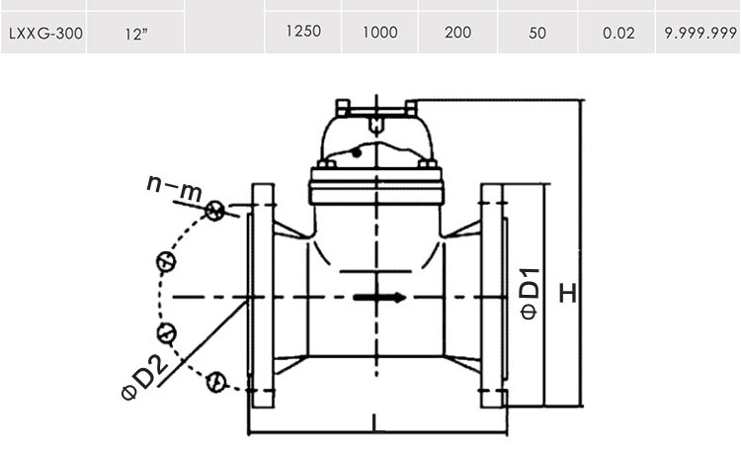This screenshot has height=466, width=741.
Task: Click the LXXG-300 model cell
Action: (x=45, y=34)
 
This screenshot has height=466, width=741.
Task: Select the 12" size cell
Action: (x=136, y=34)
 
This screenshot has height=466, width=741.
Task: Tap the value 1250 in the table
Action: (x=303, y=32)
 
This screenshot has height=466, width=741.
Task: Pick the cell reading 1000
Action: (x=380, y=33)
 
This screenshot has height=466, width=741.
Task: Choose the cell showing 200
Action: (x=457, y=33)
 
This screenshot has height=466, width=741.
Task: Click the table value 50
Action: (x=537, y=33)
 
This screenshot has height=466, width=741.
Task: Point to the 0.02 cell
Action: (x=618, y=33)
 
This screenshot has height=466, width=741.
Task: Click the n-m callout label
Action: (x=174, y=186)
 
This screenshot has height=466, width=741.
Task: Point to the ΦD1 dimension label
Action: (x=530, y=294)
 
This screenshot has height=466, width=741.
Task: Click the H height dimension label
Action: (x=568, y=293)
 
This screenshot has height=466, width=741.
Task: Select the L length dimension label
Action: (x=375, y=422)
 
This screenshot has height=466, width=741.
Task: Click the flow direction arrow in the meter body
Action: (x=380, y=297)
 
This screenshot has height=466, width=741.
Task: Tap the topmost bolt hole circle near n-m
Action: (x=214, y=211)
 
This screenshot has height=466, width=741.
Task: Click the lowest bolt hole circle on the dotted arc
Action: (x=216, y=382)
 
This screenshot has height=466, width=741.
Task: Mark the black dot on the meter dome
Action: (x=357, y=152)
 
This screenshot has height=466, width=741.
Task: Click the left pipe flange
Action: (x=262, y=296)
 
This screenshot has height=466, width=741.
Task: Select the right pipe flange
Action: (x=494, y=296)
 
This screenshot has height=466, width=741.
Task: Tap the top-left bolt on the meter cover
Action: (x=343, y=108)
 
